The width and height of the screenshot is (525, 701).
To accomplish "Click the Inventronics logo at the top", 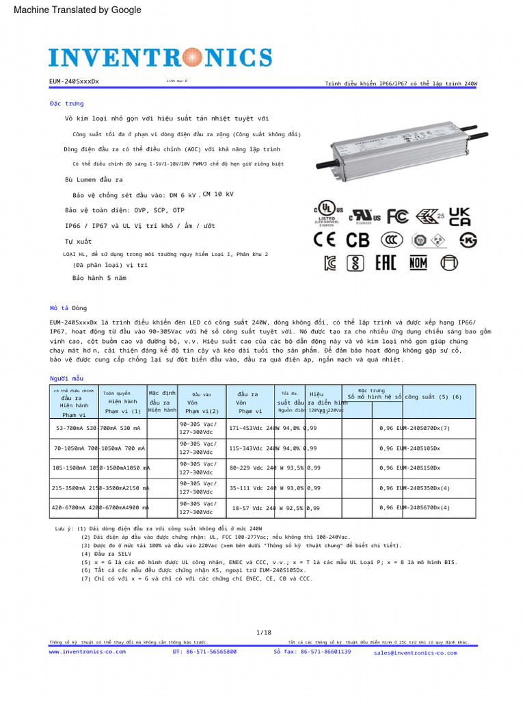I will (160, 57).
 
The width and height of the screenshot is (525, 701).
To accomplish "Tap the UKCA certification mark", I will (459, 217).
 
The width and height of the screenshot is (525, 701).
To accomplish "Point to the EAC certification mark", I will (386, 263).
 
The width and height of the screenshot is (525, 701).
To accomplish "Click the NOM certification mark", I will (418, 263).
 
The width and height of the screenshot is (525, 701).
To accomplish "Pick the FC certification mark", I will (398, 217).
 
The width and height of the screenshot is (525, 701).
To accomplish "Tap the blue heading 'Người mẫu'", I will (66, 378).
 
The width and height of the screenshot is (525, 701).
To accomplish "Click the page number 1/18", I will (263, 632).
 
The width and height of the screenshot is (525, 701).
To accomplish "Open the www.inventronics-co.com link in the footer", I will (87, 652).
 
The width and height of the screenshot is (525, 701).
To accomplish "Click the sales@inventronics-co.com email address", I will (415, 653).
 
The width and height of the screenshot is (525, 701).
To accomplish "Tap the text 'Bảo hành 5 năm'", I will (99, 278).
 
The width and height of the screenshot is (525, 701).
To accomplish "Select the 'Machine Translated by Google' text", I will (77, 10).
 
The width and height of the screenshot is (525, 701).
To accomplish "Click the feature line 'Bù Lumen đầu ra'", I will (94, 179).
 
